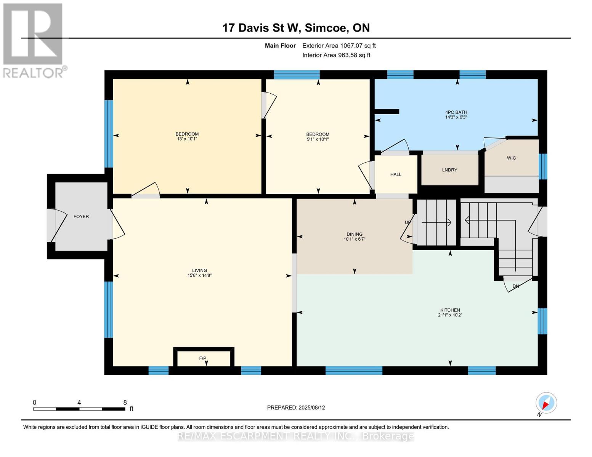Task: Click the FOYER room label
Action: point(81,216)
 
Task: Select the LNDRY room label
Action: point(449,170)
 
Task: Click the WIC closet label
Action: point(511,158)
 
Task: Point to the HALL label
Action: point(396,174)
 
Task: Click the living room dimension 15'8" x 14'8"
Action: point(199,275)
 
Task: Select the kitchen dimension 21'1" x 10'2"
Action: point(450,315)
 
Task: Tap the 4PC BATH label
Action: point(456,112)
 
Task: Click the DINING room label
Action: point(355,234)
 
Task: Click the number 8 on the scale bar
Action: point(125,403)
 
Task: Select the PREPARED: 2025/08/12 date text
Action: point(296,407)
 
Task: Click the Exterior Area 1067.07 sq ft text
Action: point(339,46)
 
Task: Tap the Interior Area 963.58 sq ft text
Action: point(336,55)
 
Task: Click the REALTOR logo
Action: point(34,40)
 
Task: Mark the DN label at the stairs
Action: point(516,286)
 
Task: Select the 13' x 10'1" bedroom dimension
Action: point(187,139)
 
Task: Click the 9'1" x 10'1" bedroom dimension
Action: point(318,139)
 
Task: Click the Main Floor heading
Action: point(280,46)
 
